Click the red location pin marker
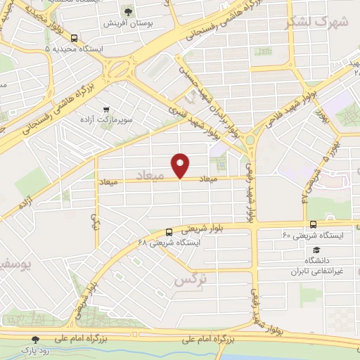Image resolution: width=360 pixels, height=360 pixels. point(181,165)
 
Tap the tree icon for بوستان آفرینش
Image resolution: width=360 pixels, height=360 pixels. point(127,11)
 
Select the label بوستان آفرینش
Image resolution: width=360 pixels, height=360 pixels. point(128,24)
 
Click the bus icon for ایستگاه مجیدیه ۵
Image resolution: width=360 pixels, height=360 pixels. point(75,39)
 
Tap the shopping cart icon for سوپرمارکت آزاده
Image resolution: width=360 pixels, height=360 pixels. point(106,110)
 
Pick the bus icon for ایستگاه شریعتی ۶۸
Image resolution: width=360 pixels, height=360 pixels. point(169,232)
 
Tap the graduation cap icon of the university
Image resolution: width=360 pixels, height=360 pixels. point(317,250)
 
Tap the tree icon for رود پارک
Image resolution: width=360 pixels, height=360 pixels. point(36,339)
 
